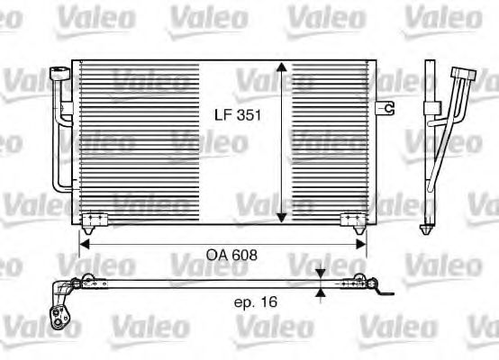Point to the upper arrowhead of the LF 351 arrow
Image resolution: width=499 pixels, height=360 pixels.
tap(282, 69)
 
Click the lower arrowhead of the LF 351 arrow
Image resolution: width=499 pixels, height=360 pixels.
tap(282, 216)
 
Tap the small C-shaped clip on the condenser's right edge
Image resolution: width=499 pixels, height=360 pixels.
tap(389, 108)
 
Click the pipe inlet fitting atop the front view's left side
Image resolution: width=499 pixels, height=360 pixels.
tap(59, 74)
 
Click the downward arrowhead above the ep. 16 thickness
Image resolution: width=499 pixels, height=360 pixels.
tap(322, 274)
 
